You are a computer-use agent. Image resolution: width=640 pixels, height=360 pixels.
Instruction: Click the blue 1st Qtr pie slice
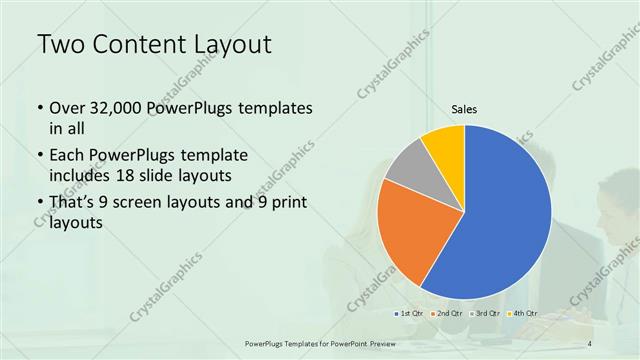click(505, 215)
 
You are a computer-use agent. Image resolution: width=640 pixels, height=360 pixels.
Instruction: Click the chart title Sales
click(464, 108)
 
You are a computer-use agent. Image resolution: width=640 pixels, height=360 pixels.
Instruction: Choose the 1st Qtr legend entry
click(411, 314)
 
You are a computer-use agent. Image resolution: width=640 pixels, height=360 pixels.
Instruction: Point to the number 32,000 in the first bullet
click(116, 107)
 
